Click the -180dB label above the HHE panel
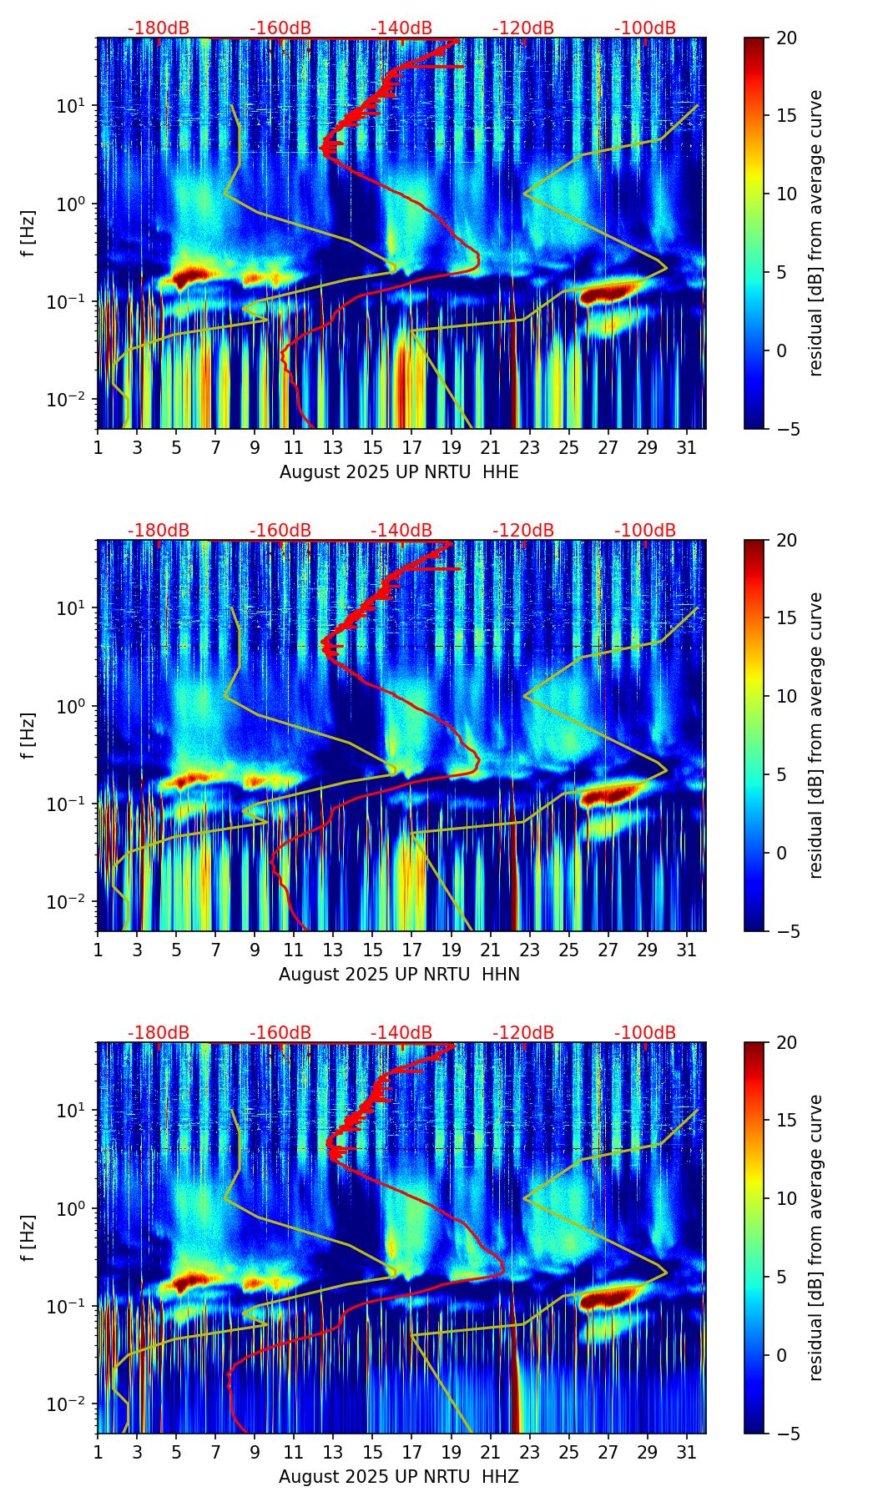coord(159,28)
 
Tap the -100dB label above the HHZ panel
coord(645,1033)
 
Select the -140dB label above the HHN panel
coord(401,531)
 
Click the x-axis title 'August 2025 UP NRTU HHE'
coord(399,472)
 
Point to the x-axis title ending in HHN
coord(399,975)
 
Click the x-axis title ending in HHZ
coord(399,1477)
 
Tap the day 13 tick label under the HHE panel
coord(333,448)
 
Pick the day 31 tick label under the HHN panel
coord(686,950)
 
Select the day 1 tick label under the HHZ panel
coord(98,1453)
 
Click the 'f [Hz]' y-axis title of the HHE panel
coord(28,234)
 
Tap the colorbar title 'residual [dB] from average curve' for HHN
coord(816,735)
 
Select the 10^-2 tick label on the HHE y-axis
coord(69,401)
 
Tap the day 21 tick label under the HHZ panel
coord(490,1453)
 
